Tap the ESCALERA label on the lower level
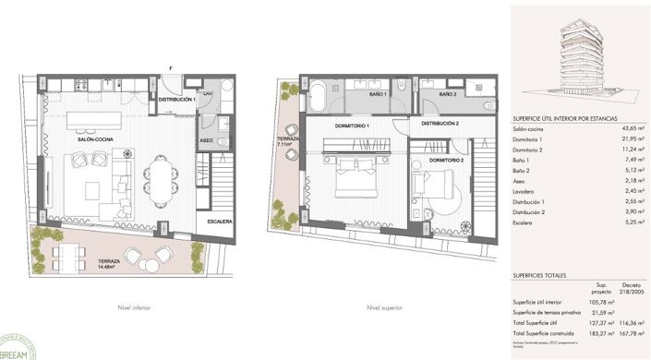tap(220, 222)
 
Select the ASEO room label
tap(207, 140)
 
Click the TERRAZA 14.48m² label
tap(115, 264)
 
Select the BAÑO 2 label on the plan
tap(448, 93)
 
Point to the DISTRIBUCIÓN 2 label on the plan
tap(440, 123)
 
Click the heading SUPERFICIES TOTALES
tap(545, 275)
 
